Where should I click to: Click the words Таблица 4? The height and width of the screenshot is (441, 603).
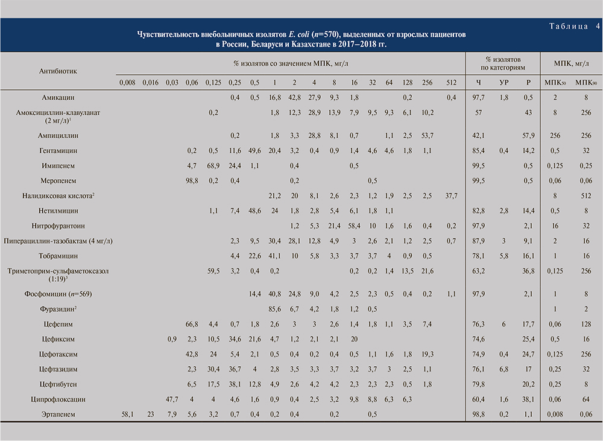[573, 26]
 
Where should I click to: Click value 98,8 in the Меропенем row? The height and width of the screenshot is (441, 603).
[192, 180]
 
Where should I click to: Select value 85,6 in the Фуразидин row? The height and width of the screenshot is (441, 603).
[277, 308]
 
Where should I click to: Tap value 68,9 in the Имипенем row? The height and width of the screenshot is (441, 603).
[213, 165]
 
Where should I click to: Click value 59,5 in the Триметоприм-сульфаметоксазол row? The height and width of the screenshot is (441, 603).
[213, 271]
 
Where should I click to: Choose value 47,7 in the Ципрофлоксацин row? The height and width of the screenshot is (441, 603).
[171, 399]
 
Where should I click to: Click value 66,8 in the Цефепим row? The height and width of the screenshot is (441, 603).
[192, 324]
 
